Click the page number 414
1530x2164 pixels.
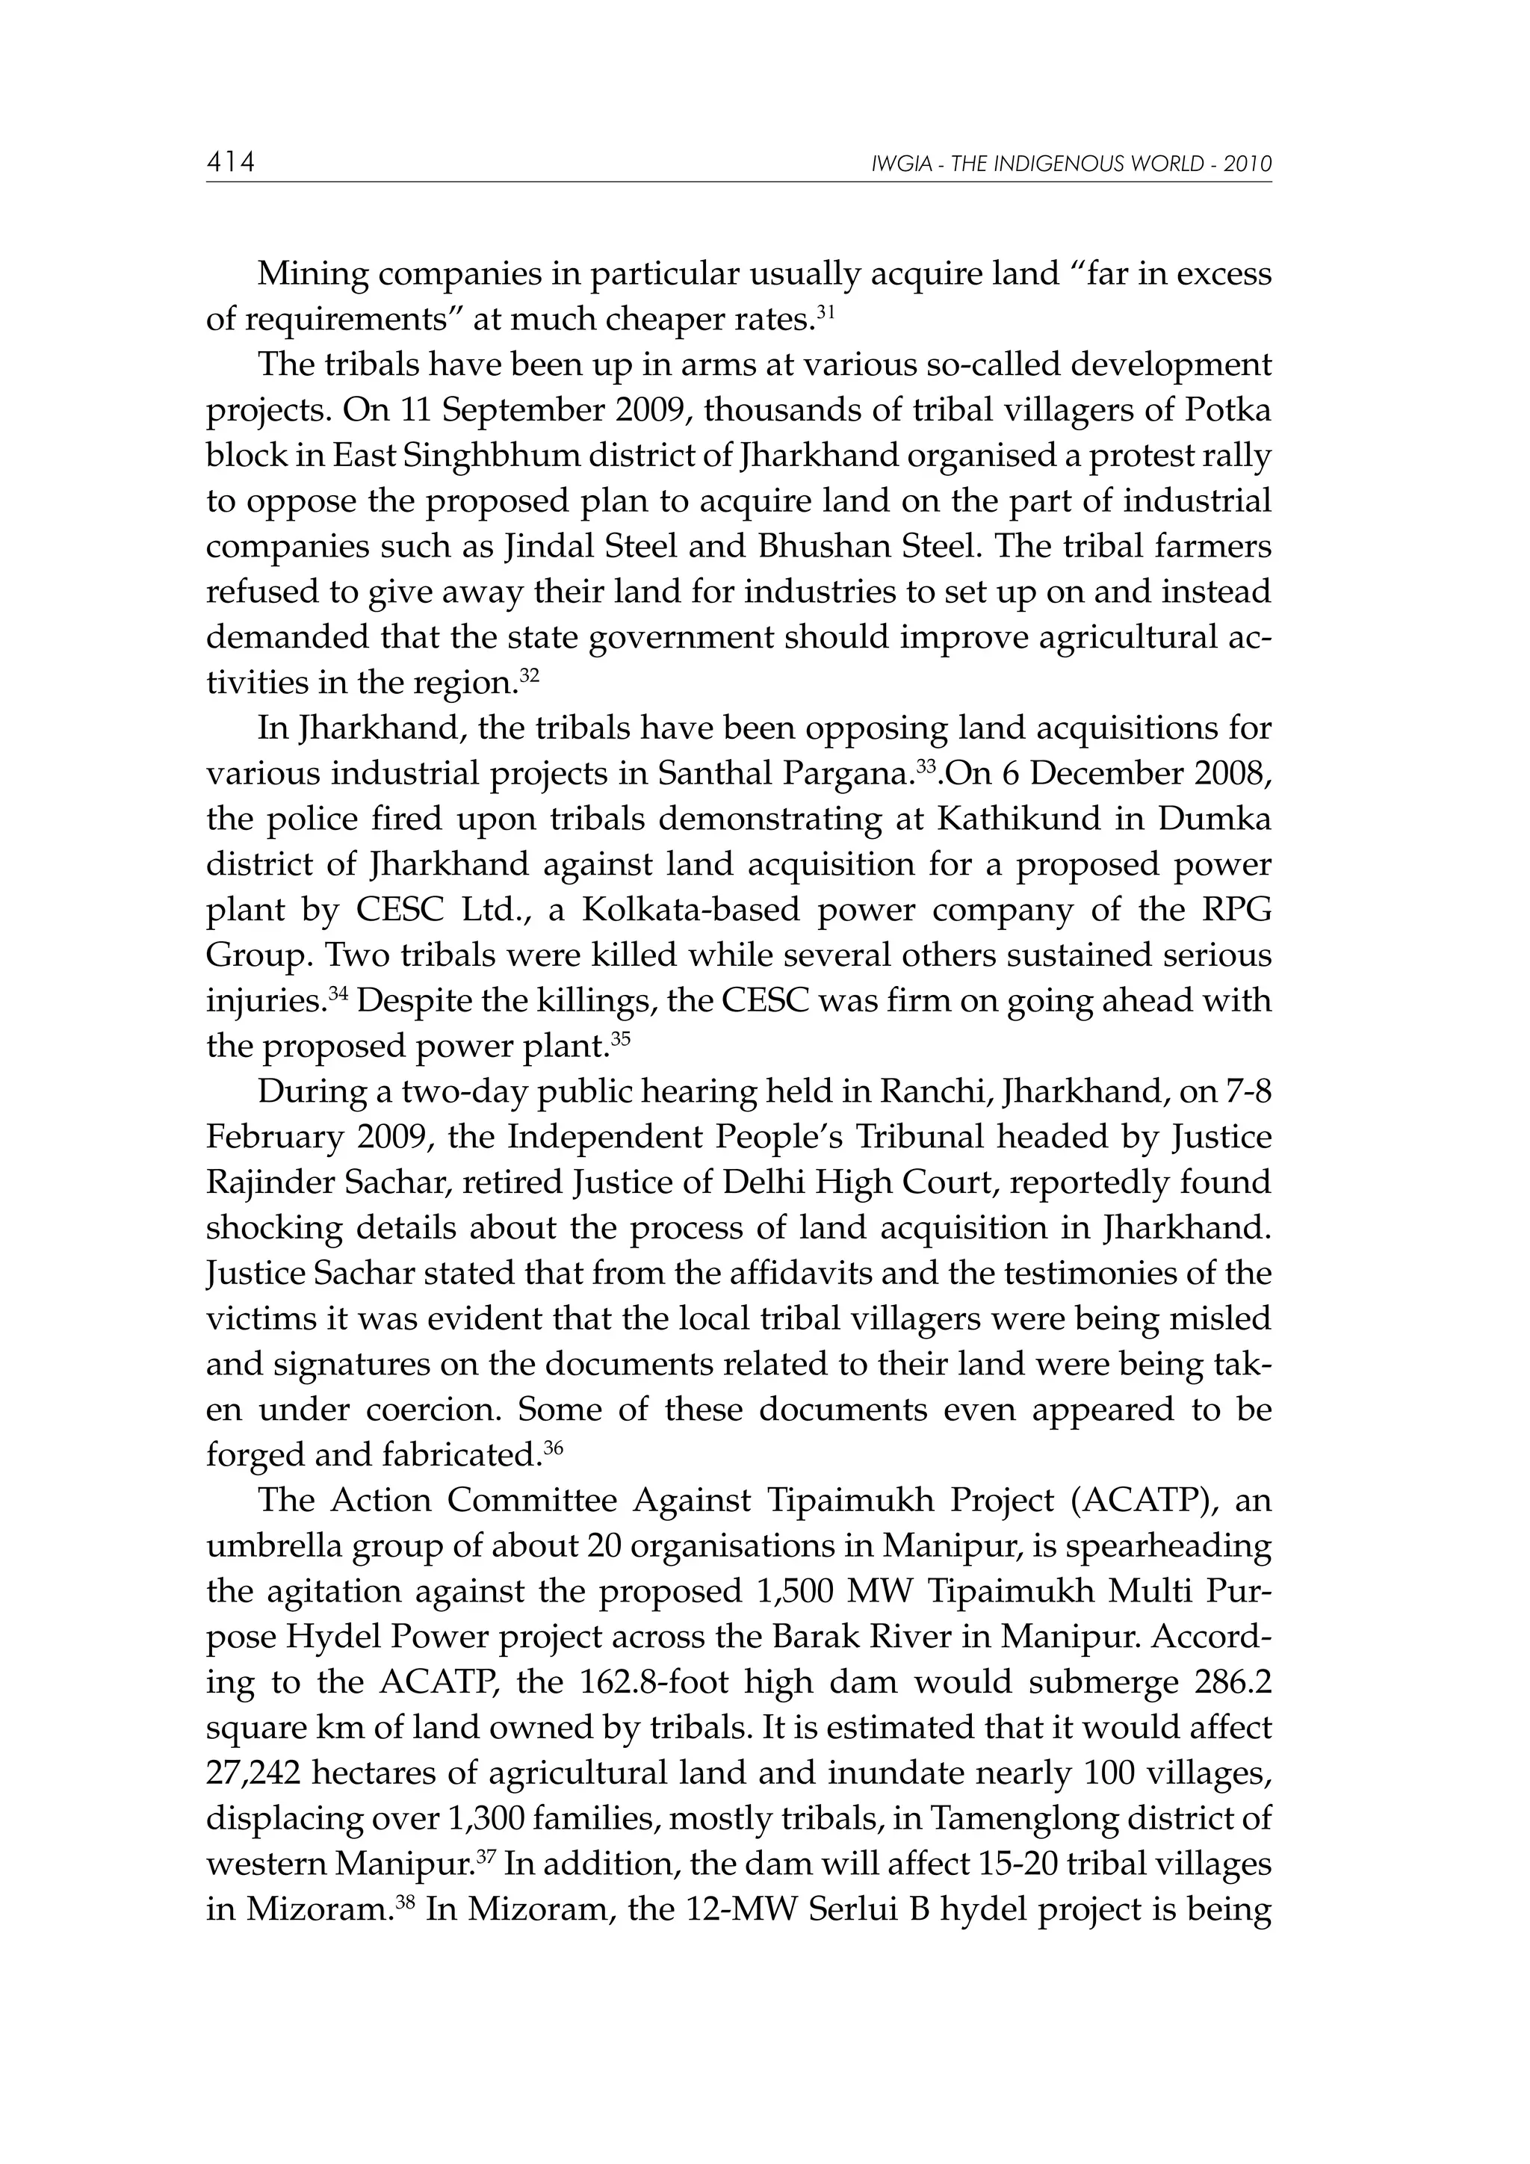[x=230, y=163]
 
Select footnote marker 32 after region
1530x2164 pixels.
[x=530, y=675]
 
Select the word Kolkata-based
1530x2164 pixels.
[x=691, y=910]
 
